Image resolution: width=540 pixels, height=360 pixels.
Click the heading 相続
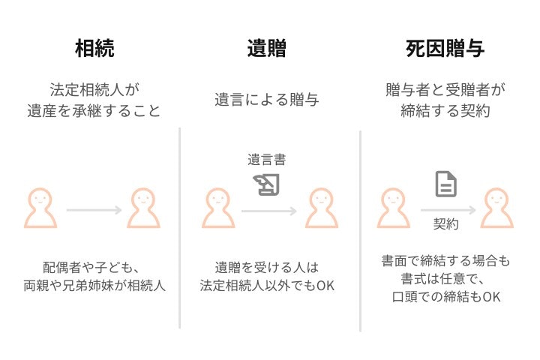tap(94, 48)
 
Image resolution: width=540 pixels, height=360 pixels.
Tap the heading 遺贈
tap(267, 48)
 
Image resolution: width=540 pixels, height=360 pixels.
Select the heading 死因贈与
tap(445, 48)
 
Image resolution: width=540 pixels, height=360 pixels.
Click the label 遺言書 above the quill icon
tap(267, 160)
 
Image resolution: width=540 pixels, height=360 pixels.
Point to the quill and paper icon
tap(266, 184)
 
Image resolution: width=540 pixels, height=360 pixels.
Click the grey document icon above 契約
tap(446, 184)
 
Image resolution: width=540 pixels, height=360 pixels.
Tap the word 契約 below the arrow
tap(446, 224)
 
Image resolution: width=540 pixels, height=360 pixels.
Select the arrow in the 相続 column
tap(94, 210)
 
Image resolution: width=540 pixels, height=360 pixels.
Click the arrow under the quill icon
tap(269, 211)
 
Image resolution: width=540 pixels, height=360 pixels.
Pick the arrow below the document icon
tap(448, 210)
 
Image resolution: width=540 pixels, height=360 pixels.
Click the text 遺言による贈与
tap(267, 100)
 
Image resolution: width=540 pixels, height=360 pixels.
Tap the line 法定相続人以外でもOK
tap(267, 286)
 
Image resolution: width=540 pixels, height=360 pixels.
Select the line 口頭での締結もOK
tap(446, 296)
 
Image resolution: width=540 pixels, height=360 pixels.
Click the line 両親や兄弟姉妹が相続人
tap(94, 286)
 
